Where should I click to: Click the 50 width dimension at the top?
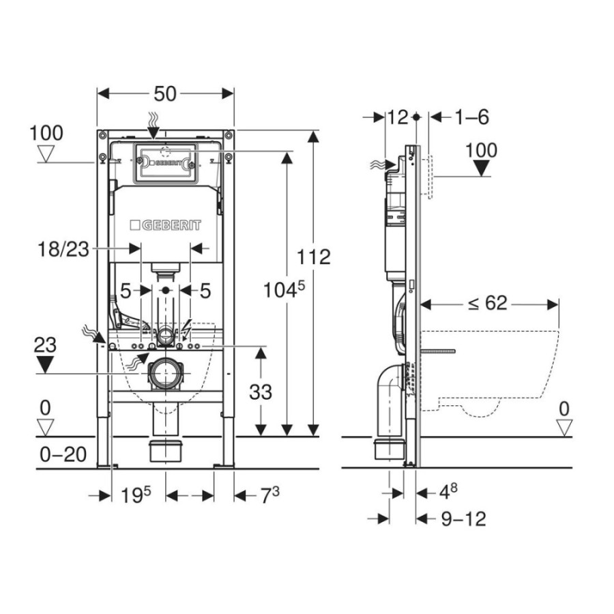165,94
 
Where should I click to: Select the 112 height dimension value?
314,257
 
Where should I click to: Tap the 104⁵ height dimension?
284,290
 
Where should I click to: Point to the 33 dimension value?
261,392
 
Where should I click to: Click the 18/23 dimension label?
63,249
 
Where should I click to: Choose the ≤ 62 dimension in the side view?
487,303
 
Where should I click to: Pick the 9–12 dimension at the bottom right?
464,519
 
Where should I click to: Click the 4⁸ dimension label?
448,491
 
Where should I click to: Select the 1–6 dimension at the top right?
471,117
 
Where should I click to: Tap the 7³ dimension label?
269,495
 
